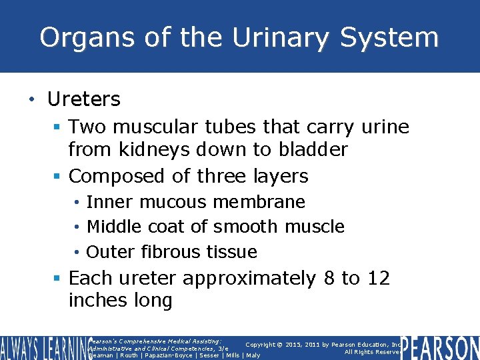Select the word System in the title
[x=389, y=37]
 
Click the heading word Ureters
[x=83, y=99]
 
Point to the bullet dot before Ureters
[x=31, y=100]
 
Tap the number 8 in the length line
[x=327, y=277]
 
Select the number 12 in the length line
[x=378, y=277]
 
